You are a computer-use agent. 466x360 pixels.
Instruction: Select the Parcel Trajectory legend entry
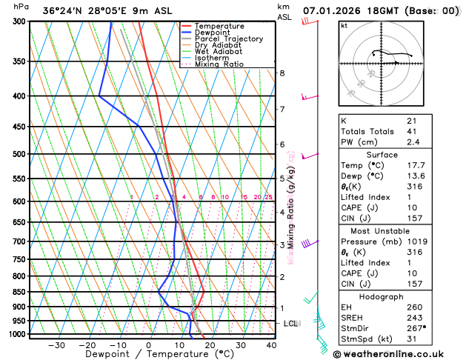pos(229,39)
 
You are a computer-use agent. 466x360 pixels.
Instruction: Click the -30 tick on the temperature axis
pos(56,345)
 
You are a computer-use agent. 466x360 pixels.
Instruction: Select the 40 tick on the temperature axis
pos(272,345)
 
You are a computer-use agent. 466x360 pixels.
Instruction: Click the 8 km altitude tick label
pos(282,73)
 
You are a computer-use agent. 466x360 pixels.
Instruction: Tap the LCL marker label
pos(291,324)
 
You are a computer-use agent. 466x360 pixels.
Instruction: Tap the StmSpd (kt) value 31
pos(411,339)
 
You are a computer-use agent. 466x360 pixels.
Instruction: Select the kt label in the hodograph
pos(344,26)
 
